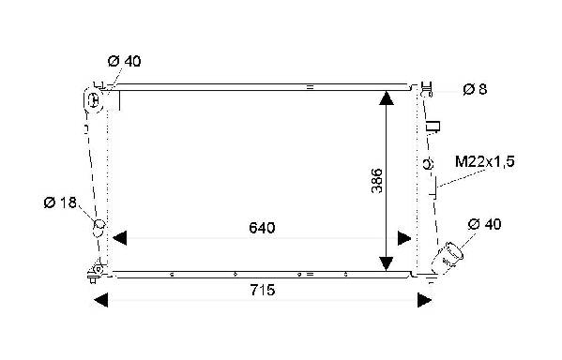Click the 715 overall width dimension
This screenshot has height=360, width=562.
263,290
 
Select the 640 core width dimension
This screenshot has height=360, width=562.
262,228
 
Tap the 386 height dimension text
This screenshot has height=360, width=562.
377,181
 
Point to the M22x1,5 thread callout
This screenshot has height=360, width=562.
484,162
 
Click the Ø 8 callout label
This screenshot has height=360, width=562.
475,89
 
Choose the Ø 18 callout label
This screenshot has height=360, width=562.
60,202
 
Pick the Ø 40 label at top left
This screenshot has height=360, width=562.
125,61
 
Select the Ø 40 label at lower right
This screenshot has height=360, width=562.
484,224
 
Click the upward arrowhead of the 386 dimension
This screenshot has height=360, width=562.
386,98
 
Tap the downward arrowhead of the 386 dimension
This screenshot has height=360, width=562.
386,263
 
